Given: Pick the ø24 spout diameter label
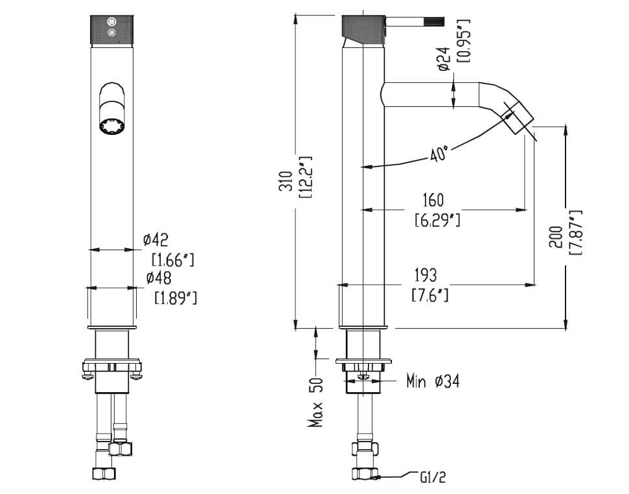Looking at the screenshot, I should click(444, 58).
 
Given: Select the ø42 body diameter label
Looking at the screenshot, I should click(155, 241).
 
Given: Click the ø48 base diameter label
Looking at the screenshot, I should click(158, 278).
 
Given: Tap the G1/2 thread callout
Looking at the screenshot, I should click(433, 478).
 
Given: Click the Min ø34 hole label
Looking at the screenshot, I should click(433, 381).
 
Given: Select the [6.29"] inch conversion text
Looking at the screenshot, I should click(437, 220).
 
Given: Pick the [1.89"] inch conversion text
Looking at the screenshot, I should click(176, 299).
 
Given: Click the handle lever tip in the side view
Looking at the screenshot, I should click(437, 22).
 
